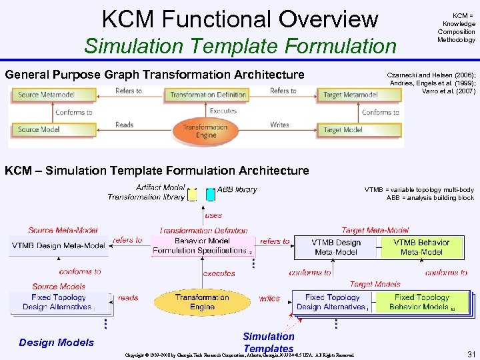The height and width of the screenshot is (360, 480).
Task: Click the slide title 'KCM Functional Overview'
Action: click(239, 19)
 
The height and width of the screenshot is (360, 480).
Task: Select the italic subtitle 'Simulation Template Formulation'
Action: click(239, 47)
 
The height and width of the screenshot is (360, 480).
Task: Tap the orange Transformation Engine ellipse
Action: click(205, 131)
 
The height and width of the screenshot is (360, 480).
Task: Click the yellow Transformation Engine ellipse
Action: click(202, 302)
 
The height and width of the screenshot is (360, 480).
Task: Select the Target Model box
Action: click(360, 129)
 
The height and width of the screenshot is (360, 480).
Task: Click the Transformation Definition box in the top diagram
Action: click(207, 95)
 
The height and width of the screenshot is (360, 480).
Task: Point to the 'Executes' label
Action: click(223, 111)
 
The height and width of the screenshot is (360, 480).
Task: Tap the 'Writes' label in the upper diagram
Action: click(279, 125)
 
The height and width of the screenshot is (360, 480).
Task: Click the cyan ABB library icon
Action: click(211, 194)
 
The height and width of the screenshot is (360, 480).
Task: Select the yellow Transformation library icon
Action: click(193, 195)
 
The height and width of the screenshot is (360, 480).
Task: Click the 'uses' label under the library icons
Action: click(213, 215)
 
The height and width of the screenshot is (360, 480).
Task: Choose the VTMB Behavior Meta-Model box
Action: click(421, 247)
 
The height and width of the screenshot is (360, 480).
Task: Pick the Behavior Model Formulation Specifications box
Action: click(201, 245)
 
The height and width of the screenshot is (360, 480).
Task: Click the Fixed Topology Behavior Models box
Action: click(422, 302)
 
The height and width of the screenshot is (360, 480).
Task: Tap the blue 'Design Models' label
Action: click(57, 342)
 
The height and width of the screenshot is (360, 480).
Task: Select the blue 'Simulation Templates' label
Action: click(269, 342)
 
